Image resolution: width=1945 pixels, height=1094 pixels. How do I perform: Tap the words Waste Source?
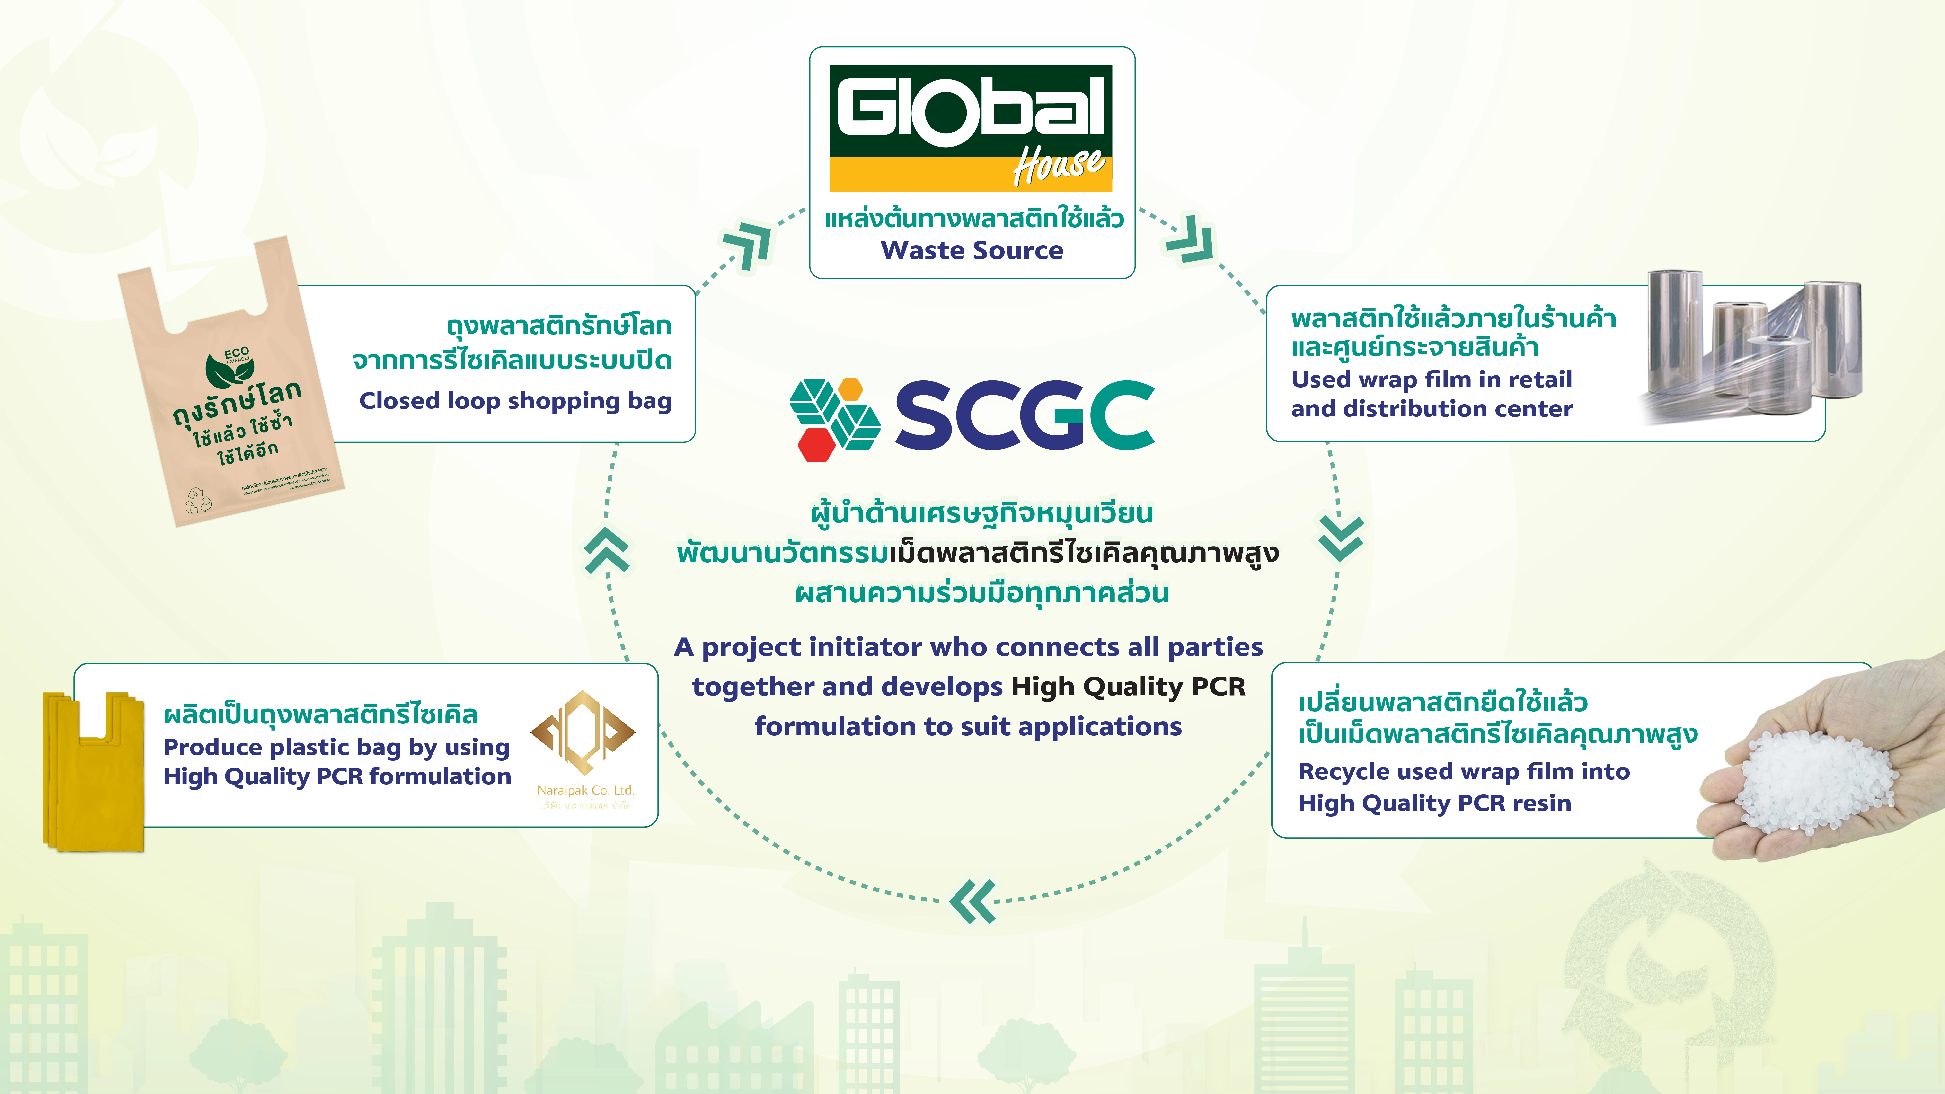pos(972,250)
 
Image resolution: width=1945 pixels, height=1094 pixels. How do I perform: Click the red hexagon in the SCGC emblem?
pos(816,444)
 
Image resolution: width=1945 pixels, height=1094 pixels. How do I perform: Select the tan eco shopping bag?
pos(230,385)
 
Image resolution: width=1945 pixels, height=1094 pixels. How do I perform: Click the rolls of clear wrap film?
pos(1752,344)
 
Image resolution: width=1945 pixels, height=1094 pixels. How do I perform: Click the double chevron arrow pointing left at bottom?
pos(972,901)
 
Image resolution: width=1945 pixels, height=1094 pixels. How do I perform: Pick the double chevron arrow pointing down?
pos(1340,538)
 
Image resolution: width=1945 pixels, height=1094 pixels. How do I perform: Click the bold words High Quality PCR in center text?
pos(1128,686)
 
